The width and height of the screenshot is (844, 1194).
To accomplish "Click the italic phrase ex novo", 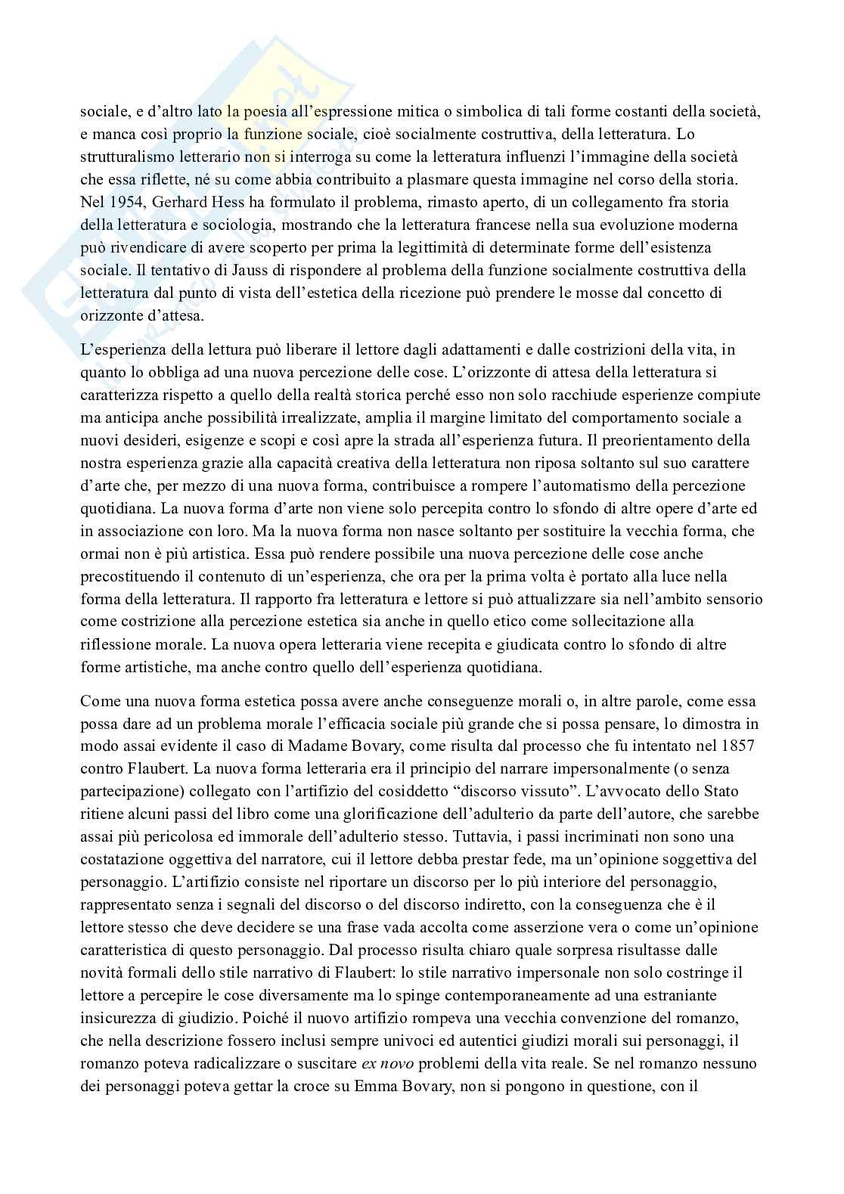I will pos(388,1063).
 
